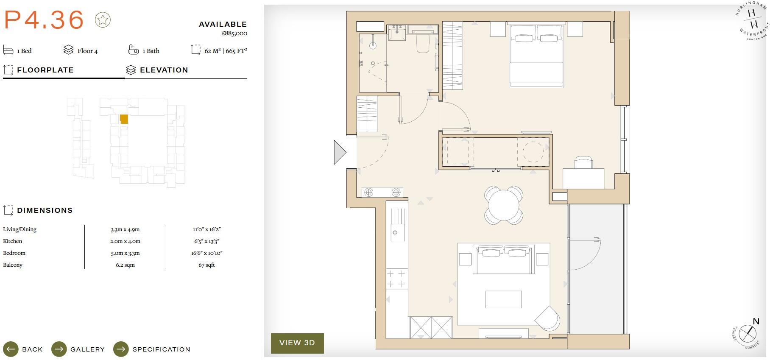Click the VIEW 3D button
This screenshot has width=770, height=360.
point(297,343)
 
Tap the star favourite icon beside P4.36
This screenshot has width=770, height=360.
point(103,20)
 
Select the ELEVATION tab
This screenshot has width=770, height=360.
point(164,70)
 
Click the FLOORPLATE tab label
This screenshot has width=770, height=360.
point(45,70)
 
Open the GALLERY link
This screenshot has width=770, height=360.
point(87,349)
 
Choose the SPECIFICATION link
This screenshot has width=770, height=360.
point(161,349)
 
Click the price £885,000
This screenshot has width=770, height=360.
point(234,33)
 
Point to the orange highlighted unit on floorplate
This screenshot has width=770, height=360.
point(124,119)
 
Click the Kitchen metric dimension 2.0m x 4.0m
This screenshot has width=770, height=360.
point(125,241)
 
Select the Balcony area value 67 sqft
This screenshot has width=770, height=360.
point(206,265)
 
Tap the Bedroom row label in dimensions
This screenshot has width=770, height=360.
point(14,253)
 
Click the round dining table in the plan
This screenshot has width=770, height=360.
point(503,205)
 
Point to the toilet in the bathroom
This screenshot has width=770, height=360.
point(423,43)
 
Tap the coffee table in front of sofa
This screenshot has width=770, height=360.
point(503,299)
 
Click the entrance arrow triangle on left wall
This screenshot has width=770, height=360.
point(339,152)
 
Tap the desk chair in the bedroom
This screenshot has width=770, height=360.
point(583,163)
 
